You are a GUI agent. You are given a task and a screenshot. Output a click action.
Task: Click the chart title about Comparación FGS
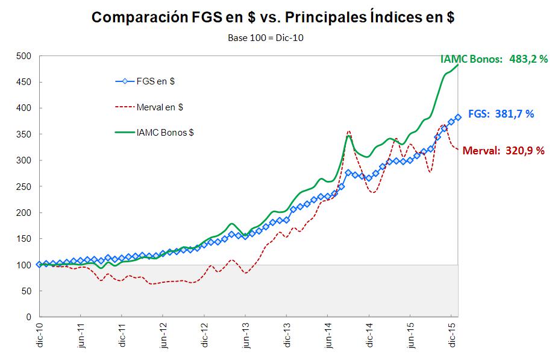272,17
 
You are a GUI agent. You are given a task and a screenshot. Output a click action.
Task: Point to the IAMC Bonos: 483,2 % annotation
494,59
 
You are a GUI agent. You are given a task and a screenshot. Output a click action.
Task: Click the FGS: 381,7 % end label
501,113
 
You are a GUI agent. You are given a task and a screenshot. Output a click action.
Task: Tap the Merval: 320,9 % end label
503,151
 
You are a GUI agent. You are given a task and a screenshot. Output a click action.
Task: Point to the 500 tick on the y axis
24,56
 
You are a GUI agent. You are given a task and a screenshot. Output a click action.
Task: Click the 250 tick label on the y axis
24,186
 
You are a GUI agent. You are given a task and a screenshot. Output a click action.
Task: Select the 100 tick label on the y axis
24,265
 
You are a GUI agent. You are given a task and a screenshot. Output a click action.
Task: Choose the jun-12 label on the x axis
163,337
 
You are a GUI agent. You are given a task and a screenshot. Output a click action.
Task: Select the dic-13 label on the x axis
287,337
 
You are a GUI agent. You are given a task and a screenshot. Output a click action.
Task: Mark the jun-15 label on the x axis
411,337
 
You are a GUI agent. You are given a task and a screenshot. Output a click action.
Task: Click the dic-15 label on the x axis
452,337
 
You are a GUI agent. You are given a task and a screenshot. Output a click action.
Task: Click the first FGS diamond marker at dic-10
40,264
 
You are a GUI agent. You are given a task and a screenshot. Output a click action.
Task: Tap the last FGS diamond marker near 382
458,118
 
